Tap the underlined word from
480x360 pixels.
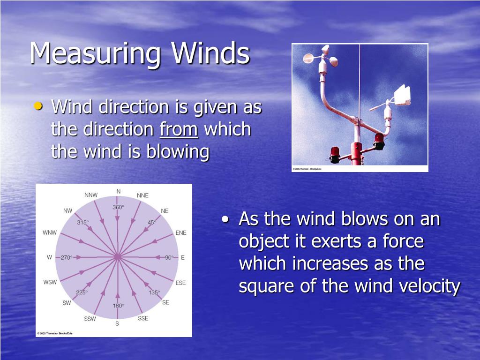pyautogui.click(x=179, y=130)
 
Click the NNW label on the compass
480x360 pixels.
pyautogui.click(x=91, y=195)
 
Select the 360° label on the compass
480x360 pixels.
pyautogui.click(x=118, y=207)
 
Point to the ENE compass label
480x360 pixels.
pyautogui.click(x=180, y=232)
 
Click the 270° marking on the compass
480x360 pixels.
pyautogui.click(x=66, y=258)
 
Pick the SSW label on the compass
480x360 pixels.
pyautogui.click(x=90, y=319)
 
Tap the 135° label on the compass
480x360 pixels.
pyautogui.click(x=154, y=292)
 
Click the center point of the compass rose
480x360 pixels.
pyautogui.click(x=117, y=257)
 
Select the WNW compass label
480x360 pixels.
pyautogui.click(x=50, y=232)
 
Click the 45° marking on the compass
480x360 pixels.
pyautogui.click(x=151, y=223)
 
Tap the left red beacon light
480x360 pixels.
pyautogui.click(x=335, y=154)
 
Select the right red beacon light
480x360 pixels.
pyautogui.click(x=379, y=141)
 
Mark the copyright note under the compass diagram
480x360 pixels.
pyautogui.click(x=54, y=334)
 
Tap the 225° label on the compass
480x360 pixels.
pyautogui.click(x=82, y=292)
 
